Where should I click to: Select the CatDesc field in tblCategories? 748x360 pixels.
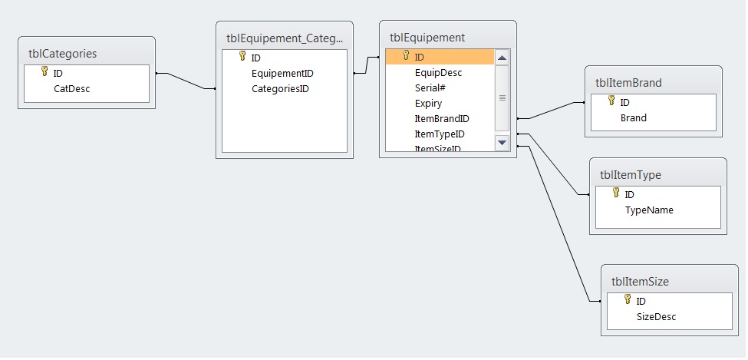71,88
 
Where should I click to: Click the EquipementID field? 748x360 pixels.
282,73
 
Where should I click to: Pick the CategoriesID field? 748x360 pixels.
280,88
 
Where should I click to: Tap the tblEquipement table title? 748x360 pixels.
427,37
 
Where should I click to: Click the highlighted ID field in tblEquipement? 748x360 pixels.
420,57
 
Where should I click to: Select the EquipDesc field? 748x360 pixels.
438,72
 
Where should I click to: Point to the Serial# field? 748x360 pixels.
430,88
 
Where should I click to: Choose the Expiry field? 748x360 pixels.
428,103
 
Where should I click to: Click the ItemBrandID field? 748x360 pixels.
442,118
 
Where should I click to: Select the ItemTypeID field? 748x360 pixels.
440,134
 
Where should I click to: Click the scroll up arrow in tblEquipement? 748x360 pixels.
502,58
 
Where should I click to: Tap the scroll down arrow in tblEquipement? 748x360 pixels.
502,142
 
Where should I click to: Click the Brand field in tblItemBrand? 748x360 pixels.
634,117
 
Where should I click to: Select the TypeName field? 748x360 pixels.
649,210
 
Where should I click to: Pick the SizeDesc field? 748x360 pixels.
656,316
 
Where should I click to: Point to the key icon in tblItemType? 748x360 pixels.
615,193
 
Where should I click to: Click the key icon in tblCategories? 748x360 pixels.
44,72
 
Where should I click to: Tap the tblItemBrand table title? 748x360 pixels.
628,82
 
